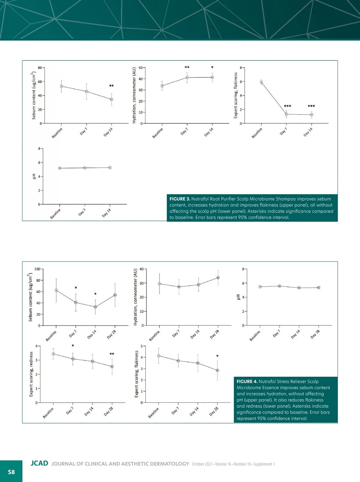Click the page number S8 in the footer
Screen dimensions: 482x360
tap(11, 472)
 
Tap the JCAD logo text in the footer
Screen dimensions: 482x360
tap(39, 463)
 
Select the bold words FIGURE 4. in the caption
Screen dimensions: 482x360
tap(247, 381)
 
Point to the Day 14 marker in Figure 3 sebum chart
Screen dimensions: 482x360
tap(112, 99)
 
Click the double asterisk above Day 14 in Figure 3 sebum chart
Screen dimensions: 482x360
tap(111, 86)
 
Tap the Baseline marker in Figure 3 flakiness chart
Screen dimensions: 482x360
tap(261, 82)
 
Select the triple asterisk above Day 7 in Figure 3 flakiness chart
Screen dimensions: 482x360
tap(287, 106)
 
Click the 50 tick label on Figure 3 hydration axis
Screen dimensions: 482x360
tap(140, 68)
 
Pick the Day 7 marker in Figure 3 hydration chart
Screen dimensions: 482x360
tap(187, 77)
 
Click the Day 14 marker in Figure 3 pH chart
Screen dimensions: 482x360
tap(110, 167)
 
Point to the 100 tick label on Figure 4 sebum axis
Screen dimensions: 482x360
tap(37, 269)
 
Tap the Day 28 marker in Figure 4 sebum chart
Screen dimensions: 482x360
tap(115, 295)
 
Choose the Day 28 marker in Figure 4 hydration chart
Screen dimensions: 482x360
tap(218, 278)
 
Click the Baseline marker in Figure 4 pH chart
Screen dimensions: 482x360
tap(260, 287)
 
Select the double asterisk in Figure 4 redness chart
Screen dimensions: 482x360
tap(112, 354)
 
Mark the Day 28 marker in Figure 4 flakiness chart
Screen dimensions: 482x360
tap(217, 370)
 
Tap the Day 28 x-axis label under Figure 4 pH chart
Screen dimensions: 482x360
tap(315, 334)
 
